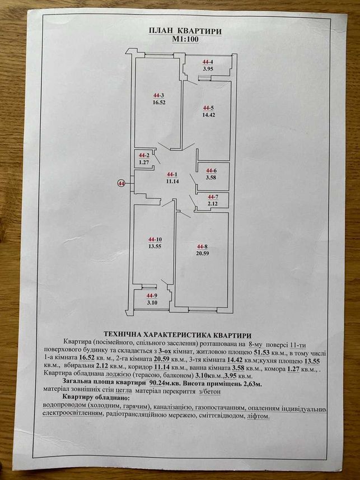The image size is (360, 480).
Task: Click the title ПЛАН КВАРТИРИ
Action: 185,31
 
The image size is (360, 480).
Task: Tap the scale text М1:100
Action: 185,39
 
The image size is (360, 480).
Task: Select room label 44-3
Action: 158,96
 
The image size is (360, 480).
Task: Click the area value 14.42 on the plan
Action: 208,115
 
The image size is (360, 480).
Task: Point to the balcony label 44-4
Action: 208,62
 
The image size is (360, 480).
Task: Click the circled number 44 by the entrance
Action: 121,183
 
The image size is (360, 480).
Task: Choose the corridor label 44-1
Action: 172,175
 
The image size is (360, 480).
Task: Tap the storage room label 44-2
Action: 144,155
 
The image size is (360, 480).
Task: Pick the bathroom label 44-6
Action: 211,170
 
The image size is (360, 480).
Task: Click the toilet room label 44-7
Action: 213,196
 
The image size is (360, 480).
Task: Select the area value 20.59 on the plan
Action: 203,254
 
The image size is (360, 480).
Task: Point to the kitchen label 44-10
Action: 155,239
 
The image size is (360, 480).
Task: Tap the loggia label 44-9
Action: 152,296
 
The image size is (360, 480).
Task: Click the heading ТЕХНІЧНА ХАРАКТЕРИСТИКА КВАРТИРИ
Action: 178,334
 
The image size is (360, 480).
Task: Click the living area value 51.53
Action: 263,353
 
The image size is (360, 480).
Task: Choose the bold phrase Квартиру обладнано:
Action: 96,398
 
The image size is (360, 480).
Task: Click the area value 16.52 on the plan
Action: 159,102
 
